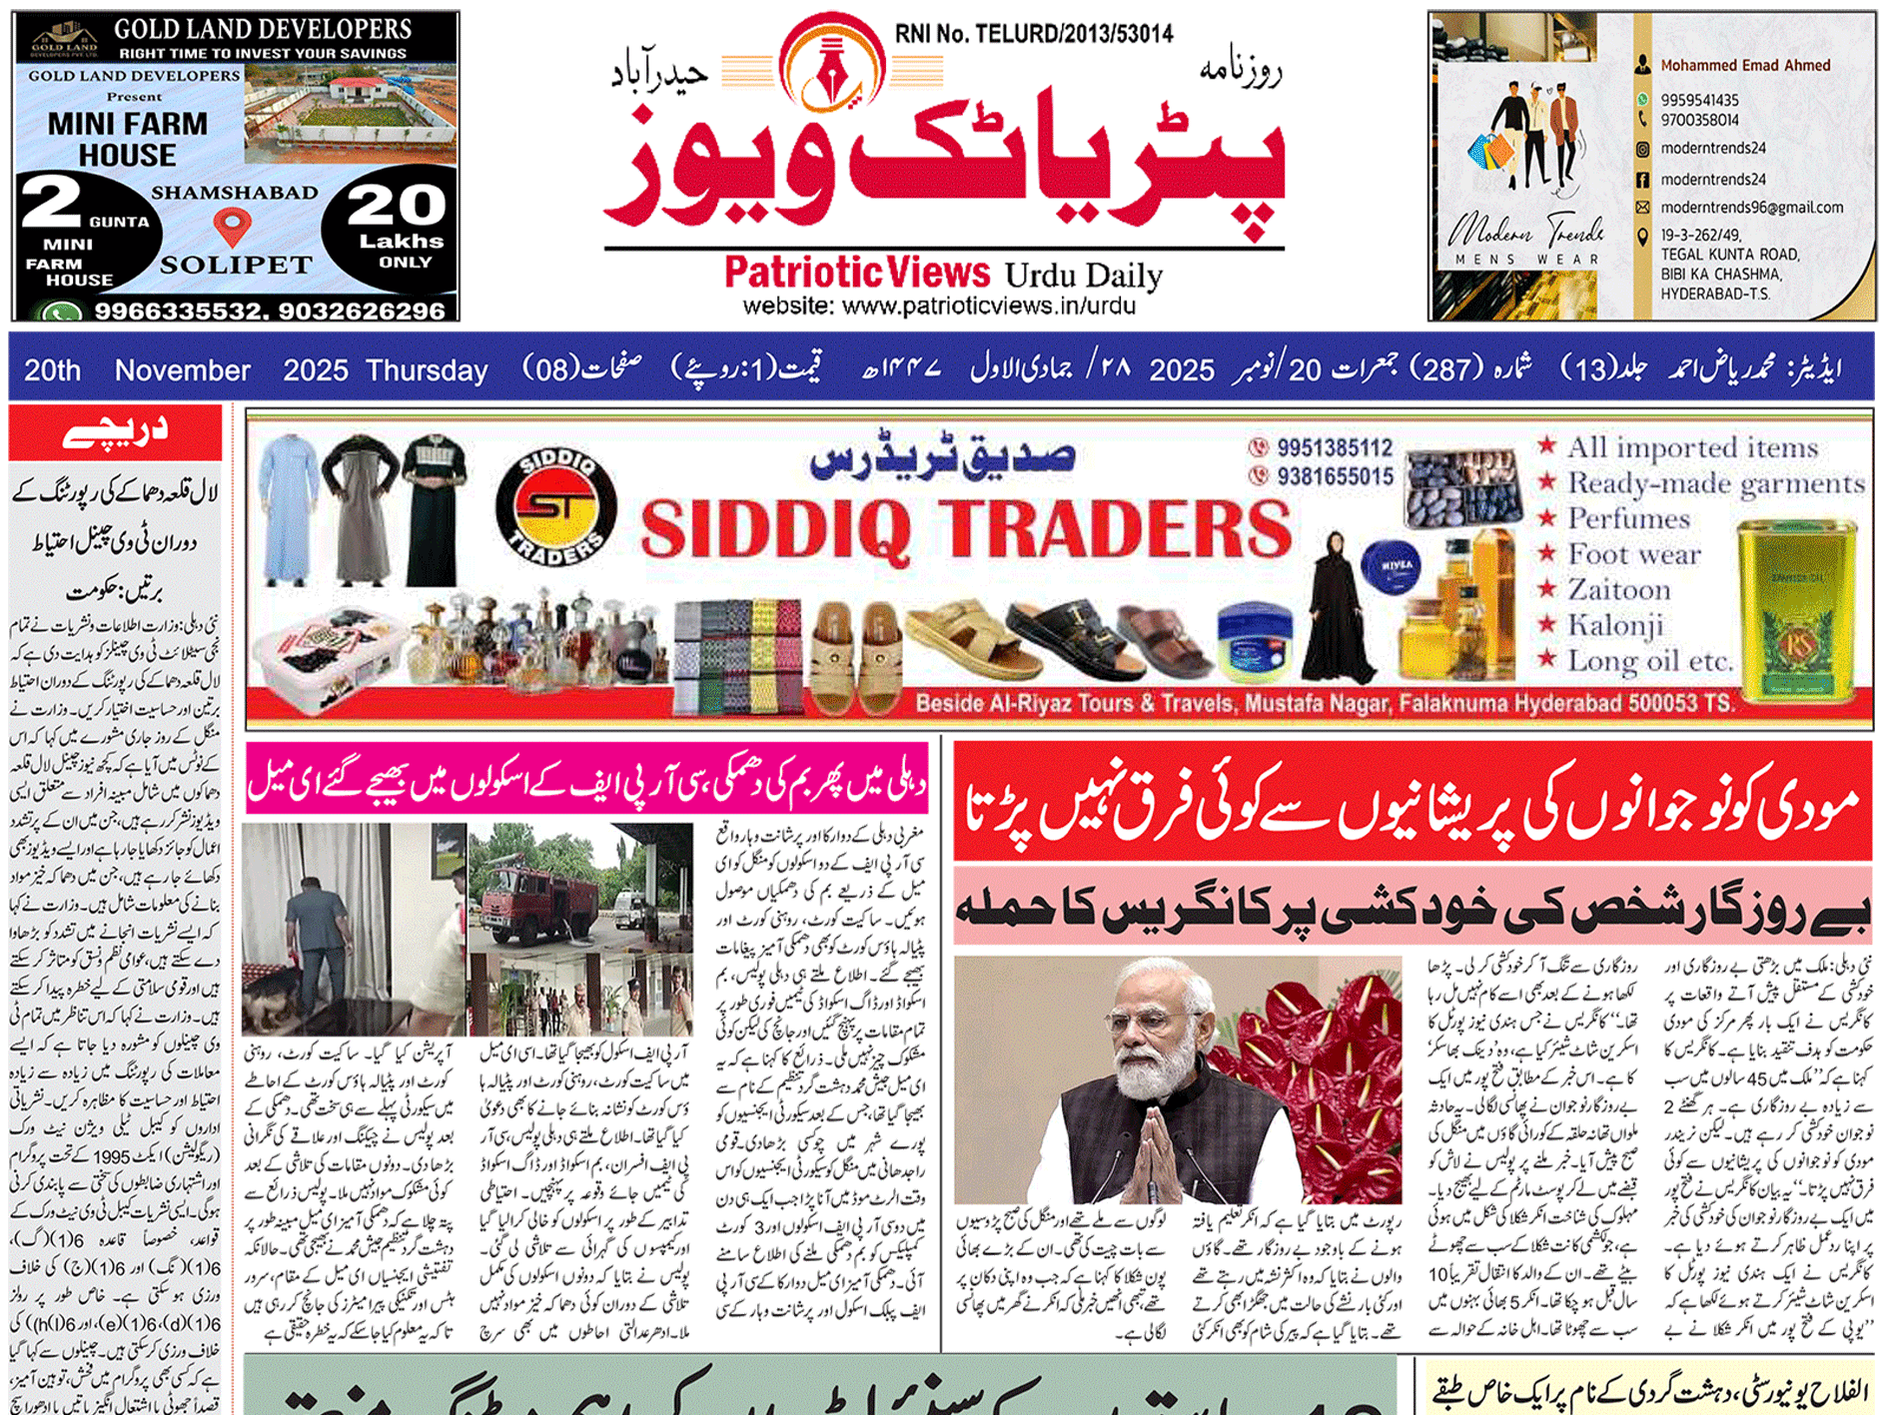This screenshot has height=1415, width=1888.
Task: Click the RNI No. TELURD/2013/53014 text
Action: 1033,35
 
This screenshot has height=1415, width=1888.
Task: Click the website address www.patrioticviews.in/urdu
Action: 939,306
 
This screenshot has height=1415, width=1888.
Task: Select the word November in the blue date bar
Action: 182,370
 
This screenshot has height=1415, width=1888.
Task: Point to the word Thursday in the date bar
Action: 427,370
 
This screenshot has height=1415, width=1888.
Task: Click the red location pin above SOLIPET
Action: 233,226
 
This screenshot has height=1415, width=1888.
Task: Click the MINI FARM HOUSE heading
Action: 128,139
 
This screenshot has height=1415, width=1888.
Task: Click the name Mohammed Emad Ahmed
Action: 1745,65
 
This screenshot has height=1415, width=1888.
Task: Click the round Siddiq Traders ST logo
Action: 555,506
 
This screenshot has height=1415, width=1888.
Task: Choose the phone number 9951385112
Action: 1335,447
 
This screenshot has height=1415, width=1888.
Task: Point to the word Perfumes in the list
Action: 1628,519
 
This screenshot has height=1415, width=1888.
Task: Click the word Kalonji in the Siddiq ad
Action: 1615,626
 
